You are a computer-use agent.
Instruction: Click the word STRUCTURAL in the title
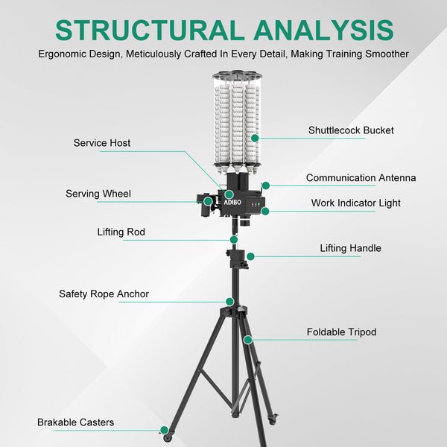click(150, 30)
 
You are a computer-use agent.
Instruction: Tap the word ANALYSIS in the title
click(323, 30)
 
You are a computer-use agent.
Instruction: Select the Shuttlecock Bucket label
click(351, 130)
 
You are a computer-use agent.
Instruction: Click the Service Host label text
click(102, 143)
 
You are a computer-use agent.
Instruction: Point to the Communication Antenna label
click(361, 177)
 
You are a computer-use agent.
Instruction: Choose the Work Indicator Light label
click(356, 203)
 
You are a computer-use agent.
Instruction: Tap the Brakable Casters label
click(75, 422)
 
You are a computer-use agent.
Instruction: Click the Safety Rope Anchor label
click(104, 294)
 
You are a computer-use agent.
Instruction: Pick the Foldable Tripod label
click(341, 332)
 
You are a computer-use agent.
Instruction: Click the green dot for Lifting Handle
click(250, 256)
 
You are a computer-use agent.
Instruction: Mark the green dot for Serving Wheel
click(208, 201)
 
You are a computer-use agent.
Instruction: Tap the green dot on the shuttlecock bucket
click(255, 138)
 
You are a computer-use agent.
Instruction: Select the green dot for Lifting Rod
click(234, 239)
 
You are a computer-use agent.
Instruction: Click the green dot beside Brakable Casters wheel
click(164, 430)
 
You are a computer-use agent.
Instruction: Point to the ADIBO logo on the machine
click(232, 202)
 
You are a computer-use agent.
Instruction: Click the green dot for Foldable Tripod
click(248, 340)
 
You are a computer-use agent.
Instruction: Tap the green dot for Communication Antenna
click(266, 186)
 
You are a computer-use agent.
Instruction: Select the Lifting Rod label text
click(121, 232)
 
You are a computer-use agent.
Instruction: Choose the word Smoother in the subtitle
click(387, 54)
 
